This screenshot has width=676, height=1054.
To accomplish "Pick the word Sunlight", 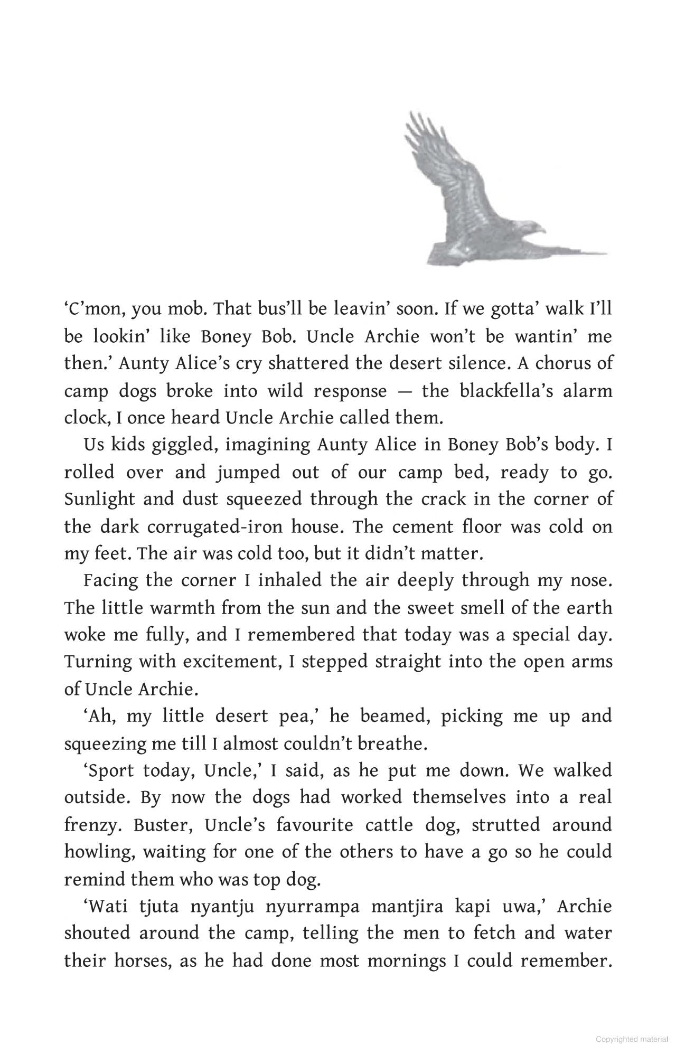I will click(x=99, y=499).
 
